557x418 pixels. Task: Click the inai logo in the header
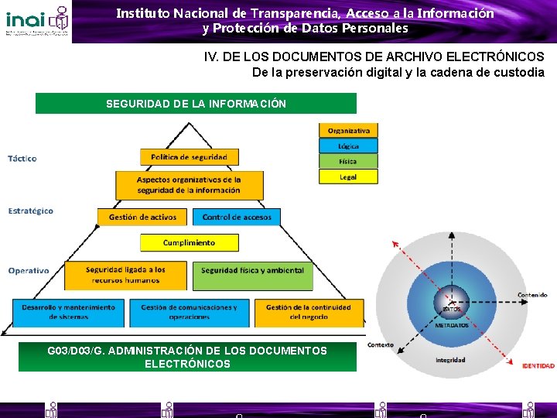click(x=36, y=21)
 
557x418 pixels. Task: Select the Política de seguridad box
click(x=189, y=157)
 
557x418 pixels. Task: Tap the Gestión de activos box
click(x=143, y=217)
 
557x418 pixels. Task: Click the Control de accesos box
click(x=237, y=217)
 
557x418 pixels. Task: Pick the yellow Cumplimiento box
click(x=189, y=243)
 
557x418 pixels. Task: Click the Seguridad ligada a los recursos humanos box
click(x=125, y=275)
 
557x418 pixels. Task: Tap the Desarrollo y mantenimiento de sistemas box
click(x=69, y=312)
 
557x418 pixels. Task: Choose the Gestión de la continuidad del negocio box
click(x=308, y=312)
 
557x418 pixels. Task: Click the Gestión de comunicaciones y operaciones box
click(x=189, y=312)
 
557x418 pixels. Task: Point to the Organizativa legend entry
click(x=348, y=130)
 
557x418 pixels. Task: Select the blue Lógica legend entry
click(x=348, y=146)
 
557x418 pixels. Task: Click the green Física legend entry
click(x=348, y=161)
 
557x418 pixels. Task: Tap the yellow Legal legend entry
click(x=348, y=176)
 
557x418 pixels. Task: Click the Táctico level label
click(x=22, y=159)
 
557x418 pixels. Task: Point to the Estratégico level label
click(x=31, y=211)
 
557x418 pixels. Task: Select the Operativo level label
click(x=29, y=271)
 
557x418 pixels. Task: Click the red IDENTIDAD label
click(x=538, y=365)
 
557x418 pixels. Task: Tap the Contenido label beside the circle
click(x=532, y=295)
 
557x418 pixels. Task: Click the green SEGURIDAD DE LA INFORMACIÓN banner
click(x=196, y=104)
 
